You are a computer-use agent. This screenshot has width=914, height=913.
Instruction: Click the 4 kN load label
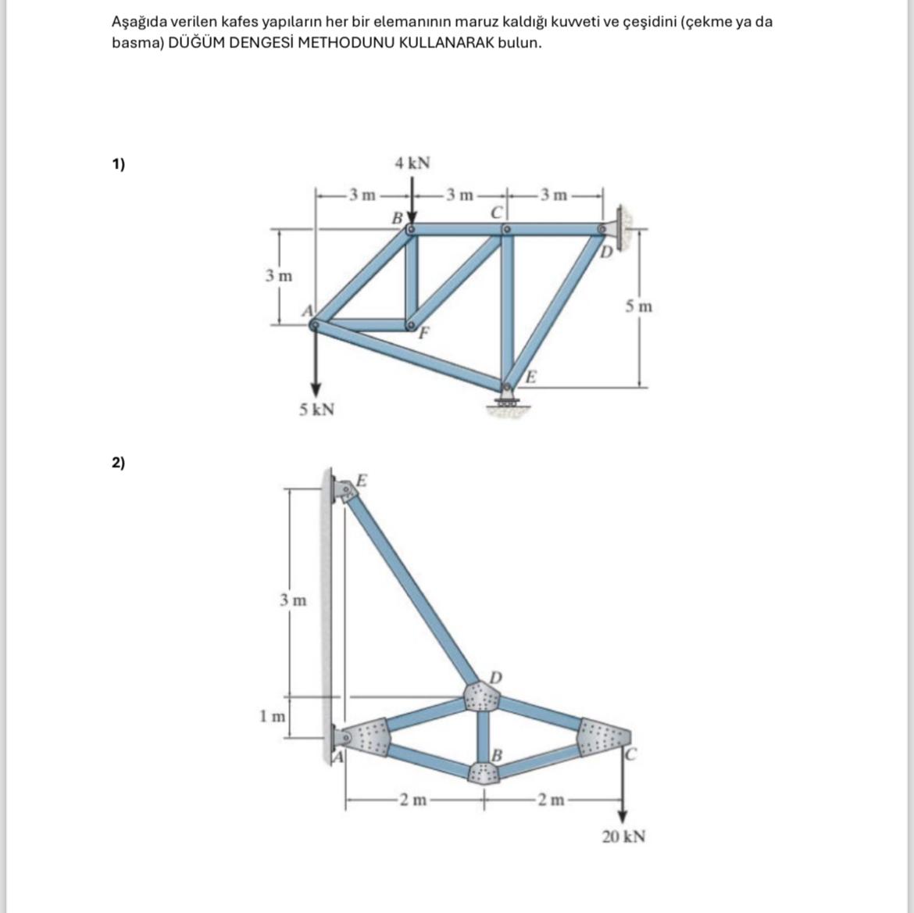tap(412, 163)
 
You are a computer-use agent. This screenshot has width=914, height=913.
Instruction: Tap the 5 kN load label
tap(316, 410)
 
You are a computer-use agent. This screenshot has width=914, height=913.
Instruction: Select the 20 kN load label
tap(623, 837)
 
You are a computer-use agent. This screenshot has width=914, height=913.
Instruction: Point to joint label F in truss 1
tap(424, 334)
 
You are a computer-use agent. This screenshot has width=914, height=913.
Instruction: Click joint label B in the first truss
tap(397, 217)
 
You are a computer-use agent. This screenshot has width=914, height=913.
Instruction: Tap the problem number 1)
tap(118, 164)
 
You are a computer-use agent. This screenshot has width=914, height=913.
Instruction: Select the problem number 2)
tap(118, 463)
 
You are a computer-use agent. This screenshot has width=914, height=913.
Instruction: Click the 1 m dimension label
tap(273, 715)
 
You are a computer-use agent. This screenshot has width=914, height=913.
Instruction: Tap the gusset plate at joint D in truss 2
tap(482, 695)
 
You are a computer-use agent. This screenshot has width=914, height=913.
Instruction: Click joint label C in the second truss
tap(631, 755)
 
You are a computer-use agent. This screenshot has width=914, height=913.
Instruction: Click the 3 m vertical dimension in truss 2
tap(293, 600)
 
